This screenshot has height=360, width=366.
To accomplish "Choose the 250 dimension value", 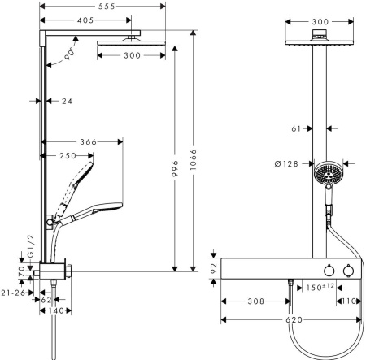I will pyautogui.click(x=68, y=156).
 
